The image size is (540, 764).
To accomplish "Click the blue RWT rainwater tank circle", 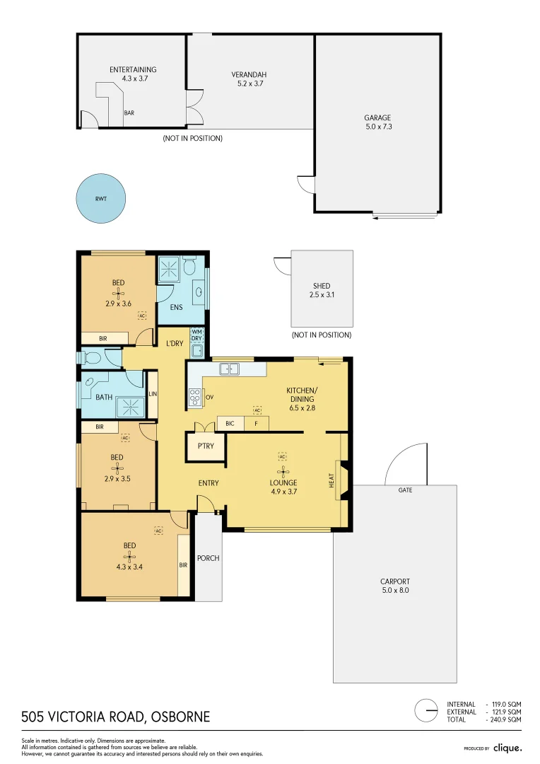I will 101,199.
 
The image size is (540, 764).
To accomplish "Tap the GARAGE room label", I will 377,118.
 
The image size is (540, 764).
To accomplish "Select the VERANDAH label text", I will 247,74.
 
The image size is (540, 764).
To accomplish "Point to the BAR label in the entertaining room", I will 129,112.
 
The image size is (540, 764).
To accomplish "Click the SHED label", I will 322,286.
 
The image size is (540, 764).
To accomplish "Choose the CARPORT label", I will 394,581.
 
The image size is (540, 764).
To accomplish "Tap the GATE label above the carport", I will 405,490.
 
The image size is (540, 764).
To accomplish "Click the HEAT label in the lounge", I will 331,480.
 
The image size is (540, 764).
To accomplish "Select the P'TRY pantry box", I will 205,446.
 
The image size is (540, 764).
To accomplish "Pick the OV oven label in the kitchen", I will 209,398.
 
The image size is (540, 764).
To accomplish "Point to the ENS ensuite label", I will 176,308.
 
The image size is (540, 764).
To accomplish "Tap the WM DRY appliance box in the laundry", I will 196,335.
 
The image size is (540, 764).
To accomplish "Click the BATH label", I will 104,397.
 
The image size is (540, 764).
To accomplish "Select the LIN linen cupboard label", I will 152,394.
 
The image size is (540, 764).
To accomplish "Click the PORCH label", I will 209,558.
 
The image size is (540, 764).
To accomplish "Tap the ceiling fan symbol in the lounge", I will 282,470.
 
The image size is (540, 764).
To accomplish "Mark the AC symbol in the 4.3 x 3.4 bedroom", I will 158,531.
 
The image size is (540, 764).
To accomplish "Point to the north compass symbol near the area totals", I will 426,710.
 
